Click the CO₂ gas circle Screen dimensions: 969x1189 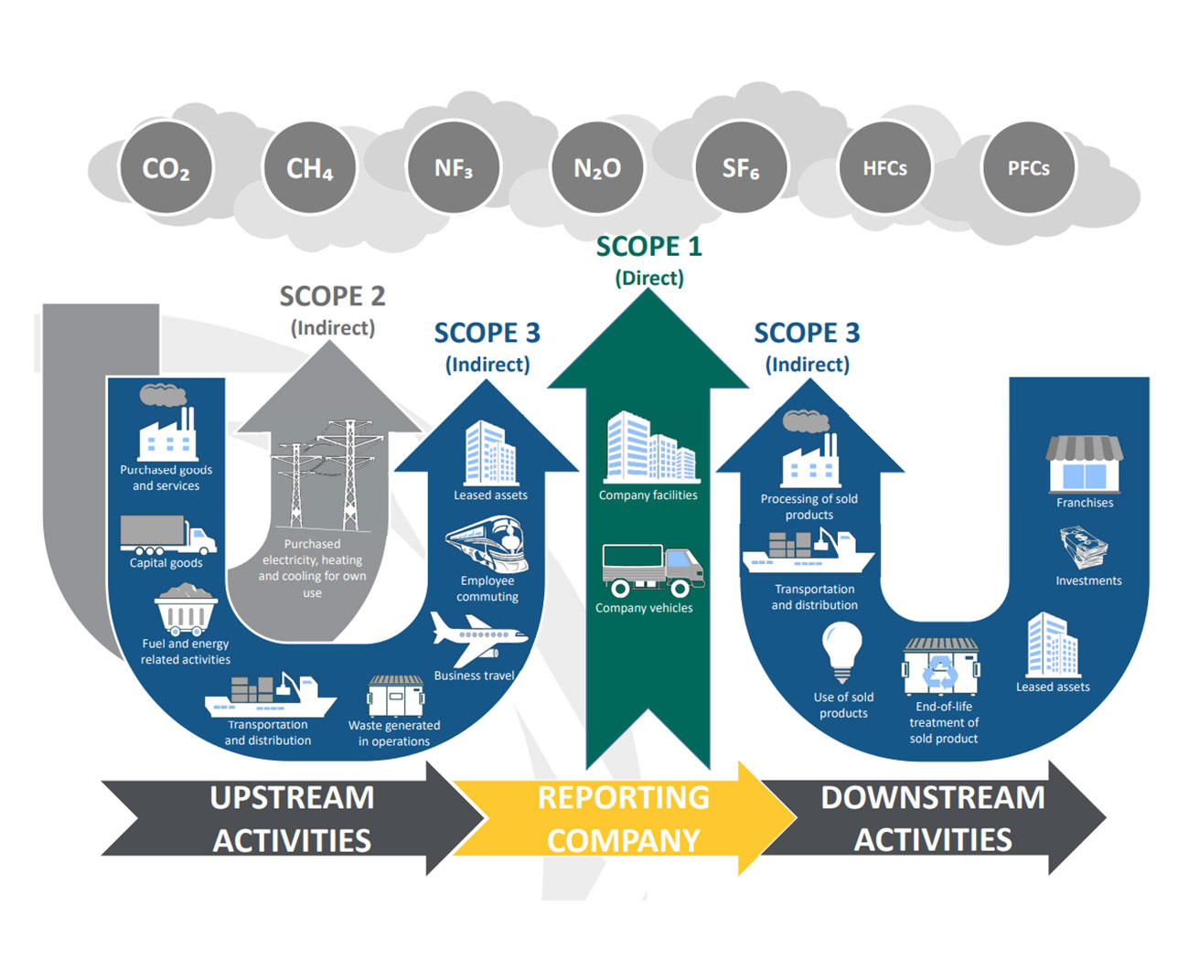[x=166, y=168]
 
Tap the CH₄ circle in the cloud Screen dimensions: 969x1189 [x=309, y=168]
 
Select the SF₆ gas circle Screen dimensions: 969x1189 [x=741, y=168]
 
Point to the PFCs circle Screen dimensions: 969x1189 [x=1028, y=168]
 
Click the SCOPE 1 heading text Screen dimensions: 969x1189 [x=648, y=247]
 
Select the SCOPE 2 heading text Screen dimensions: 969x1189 [x=332, y=296]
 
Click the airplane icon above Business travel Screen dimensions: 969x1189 [x=477, y=637]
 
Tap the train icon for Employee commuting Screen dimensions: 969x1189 [x=487, y=544]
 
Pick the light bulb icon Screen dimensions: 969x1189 [x=841, y=651]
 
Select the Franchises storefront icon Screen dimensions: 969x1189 [x=1085, y=463]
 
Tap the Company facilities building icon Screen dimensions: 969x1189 [x=650, y=448]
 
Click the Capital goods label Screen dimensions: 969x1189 [x=166, y=563]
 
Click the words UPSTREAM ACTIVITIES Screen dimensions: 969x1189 [x=292, y=818]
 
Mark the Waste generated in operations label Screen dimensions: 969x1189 [x=394, y=733]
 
